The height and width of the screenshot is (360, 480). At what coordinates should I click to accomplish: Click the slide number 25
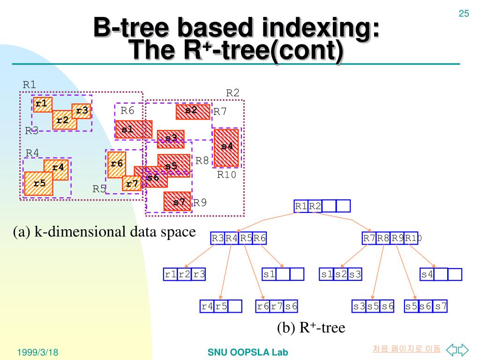point(464,14)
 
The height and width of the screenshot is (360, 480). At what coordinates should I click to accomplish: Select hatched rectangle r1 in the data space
point(42,104)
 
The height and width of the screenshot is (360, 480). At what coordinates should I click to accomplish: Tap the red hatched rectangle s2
point(193,112)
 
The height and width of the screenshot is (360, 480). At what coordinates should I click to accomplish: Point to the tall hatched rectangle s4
point(226,147)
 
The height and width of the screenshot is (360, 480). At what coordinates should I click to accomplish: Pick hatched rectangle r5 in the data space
point(38,183)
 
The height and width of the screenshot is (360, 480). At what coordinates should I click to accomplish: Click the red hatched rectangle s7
point(177,202)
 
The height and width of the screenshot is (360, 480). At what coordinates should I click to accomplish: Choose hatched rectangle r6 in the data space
point(116,164)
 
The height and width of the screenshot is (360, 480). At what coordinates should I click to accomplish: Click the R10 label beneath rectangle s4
point(227,175)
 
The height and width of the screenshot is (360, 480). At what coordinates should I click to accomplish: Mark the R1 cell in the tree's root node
point(301,206)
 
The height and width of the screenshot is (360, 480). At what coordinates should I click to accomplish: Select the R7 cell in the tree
point(369,238)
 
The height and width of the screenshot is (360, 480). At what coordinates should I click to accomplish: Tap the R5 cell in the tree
point(246,238)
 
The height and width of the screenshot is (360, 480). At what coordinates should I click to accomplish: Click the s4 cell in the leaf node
point(427,274)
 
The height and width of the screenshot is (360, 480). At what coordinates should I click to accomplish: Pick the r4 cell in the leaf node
point(207,307)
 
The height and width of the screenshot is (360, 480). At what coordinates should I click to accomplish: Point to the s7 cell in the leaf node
point(441,307)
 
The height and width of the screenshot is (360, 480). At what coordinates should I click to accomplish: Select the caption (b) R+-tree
point(310,328)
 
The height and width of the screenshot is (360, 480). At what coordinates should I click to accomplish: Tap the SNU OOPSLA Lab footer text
point(247,352)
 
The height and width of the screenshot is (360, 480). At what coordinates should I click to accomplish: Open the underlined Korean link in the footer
point(407,349)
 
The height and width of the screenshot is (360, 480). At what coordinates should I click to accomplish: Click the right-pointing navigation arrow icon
point(463,349)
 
